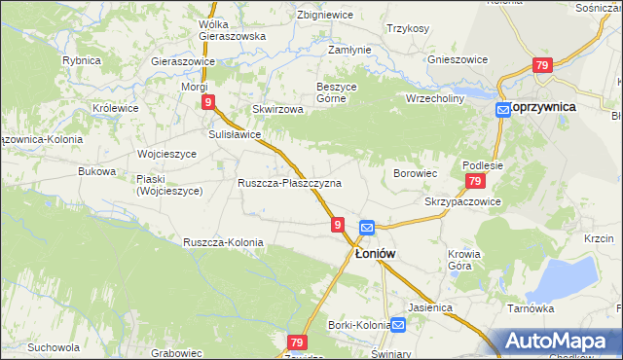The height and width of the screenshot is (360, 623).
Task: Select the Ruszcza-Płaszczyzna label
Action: tap(289, 183)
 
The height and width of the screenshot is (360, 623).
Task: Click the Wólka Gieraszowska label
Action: tap(232, 30)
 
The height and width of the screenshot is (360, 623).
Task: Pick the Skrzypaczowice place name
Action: tap(462, 201)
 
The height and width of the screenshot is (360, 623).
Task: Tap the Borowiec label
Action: tap(414, 172)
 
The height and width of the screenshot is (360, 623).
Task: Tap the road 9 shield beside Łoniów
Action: tap(337, 225)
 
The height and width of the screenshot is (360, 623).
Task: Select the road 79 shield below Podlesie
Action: tap(474, 182)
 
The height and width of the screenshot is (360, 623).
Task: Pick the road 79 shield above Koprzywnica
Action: tap(542, 65)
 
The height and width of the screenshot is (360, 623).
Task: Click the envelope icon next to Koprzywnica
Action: tap(502, 110)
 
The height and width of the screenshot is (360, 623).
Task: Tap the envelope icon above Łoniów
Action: tap(366, 228)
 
